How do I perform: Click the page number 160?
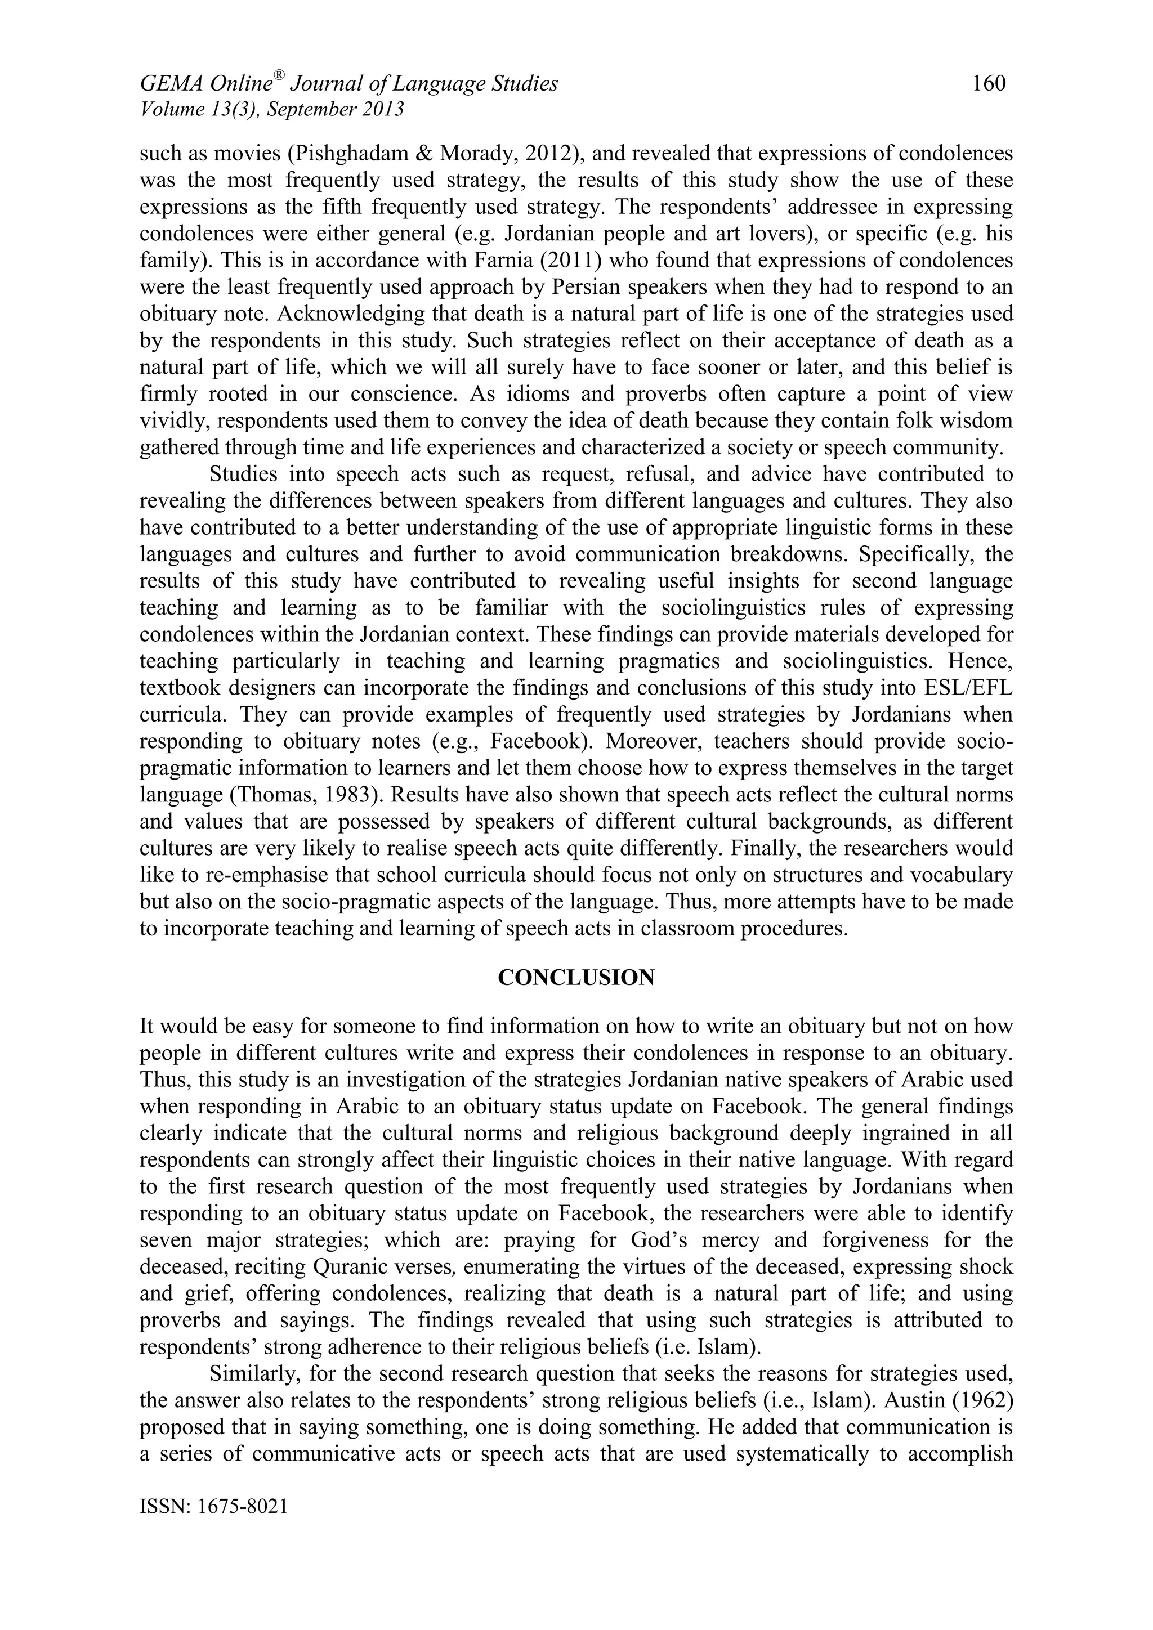(989, 84)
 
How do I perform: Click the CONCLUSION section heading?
(576, 978)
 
